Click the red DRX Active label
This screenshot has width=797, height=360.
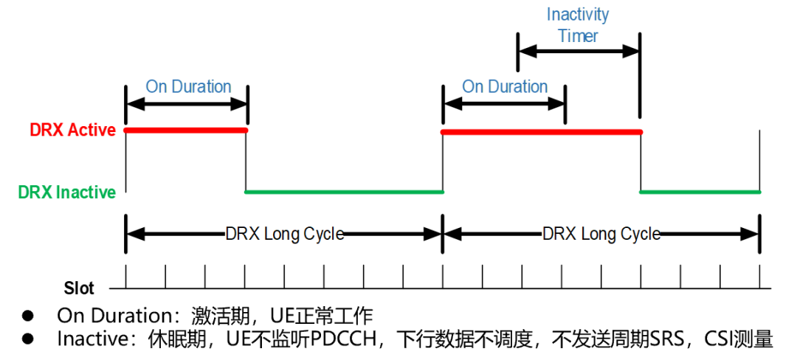tap(72, 131)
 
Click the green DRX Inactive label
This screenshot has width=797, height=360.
tap(67, 193)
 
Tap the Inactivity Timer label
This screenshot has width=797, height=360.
tap(578, 25)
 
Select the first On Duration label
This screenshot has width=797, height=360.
tap(188, 86)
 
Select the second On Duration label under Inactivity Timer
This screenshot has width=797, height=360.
tap(505, 86)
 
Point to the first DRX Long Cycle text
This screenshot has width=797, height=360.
tap(284, 235)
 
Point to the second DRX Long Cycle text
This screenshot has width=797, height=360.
tap(601, 235)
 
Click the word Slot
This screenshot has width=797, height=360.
tap(79, 288)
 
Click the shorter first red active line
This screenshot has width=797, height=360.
tap(186, 131)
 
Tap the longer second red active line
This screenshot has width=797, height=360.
tap(541, 131)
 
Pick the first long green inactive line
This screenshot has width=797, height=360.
tap(344, 193)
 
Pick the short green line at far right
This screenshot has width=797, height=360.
tap(700, 193)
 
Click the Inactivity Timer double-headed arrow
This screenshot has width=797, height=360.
tap(578, 52)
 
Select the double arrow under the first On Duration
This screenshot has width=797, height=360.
tap(187, 104)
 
